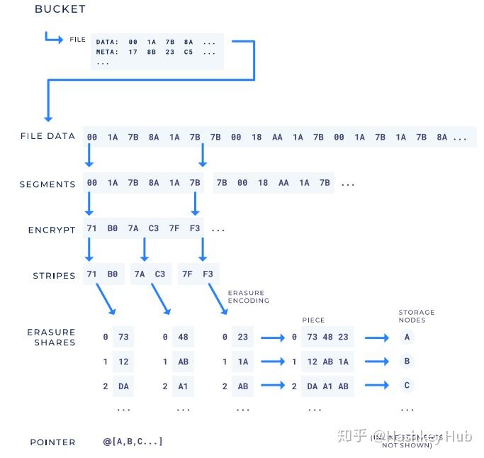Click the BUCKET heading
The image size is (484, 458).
click(60, 9)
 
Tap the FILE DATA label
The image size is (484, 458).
click(47, 136)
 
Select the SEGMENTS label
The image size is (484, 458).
click(47, 184)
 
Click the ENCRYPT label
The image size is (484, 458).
click(52, 230)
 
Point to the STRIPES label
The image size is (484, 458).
click(54, 276)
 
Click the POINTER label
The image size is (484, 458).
click(52, 442)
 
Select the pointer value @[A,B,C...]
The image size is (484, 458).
click(133, 442)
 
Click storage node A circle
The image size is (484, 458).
click(407, 337)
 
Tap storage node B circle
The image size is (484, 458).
click(407, 362)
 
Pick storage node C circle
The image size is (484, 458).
click(407, 386)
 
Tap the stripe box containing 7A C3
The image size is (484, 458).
click(150, 274)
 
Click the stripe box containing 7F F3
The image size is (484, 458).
click(198, 274)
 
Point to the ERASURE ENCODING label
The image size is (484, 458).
click(248, 296)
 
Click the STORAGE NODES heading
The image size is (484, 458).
click(416, 316)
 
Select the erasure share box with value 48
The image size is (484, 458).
click(183, 337)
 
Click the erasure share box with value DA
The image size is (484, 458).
click(123, 386)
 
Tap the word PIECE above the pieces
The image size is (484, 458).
click(313, 320)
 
